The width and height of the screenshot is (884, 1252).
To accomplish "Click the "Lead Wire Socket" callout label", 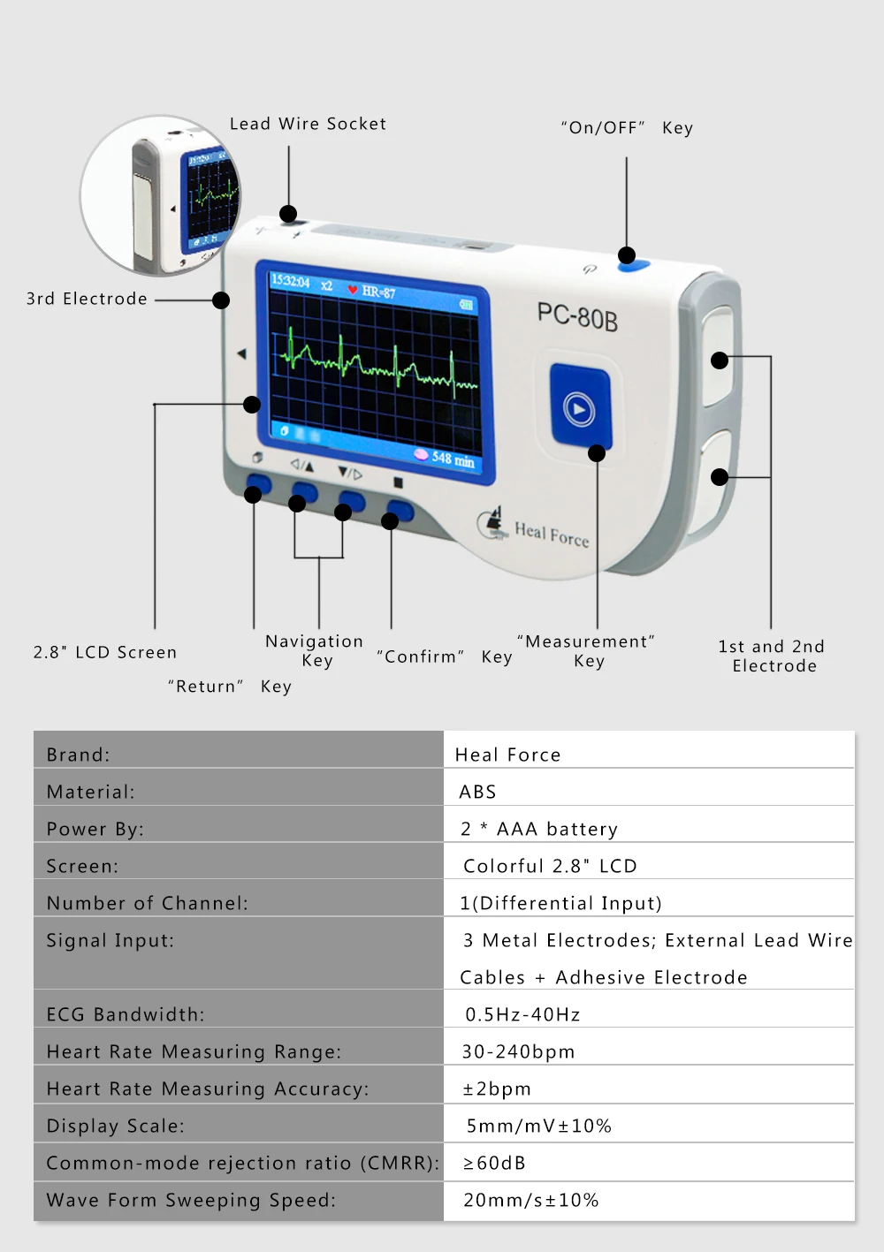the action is point(308,125).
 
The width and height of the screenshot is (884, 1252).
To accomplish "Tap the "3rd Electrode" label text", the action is point(87,299).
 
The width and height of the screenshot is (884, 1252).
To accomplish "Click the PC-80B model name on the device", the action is point(577,316).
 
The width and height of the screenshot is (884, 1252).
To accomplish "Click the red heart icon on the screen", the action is point(352,290).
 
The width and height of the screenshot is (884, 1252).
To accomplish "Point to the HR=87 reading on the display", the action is point(378,292).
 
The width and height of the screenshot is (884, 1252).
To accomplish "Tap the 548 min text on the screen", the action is point(453,459).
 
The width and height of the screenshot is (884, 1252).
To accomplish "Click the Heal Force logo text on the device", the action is point(551,534).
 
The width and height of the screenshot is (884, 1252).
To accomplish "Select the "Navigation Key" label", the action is point(315,650).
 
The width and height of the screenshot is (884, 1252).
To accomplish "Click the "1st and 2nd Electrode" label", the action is point(773,656).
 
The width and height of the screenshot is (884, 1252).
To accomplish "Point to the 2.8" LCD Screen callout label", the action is point(105,653).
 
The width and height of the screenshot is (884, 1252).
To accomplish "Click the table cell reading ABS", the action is point(477,792).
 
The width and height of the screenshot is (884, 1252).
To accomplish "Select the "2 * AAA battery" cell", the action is point(539,829).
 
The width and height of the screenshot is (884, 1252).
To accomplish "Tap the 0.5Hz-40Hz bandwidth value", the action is point(522,1014).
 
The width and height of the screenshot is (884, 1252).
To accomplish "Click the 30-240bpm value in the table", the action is point(518,1051).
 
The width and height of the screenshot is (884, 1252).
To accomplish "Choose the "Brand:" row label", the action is point(79,755).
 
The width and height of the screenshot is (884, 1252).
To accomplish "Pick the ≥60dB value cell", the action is point(495,1163).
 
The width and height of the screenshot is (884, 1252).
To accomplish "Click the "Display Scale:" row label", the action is point(116,1126).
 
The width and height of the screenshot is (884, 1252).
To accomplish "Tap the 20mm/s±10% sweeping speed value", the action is point(530,1200).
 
